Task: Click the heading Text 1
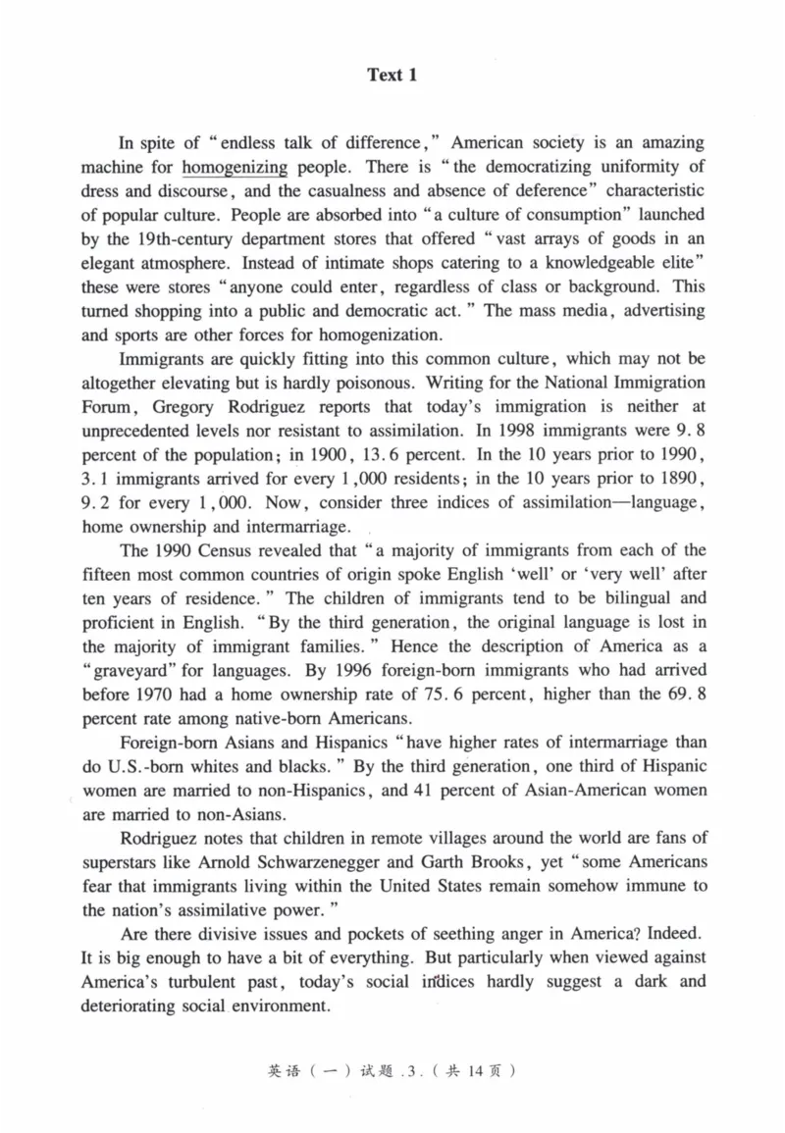392,75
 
